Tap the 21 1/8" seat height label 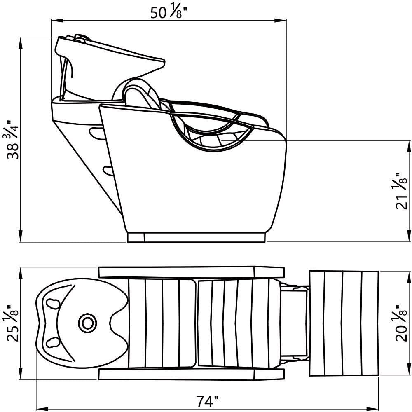[401, 191]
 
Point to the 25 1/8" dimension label [13, 323]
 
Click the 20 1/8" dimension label [401, 323]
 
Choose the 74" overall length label [207, 401]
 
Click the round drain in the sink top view [87, 323]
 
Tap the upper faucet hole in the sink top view [53, 304]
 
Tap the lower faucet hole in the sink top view [53, 342]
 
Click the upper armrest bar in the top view [191, 272]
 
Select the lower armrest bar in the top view [191, 374]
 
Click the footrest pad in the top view [344, 323]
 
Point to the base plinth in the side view [196, 237]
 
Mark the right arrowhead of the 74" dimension [372, 409]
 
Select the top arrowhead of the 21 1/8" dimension [409, 147]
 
